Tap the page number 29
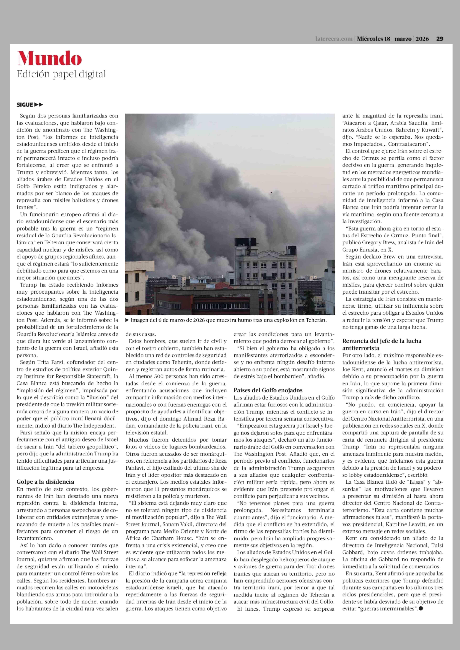click(x=440, y=39)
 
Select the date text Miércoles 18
click(x=373, y=39)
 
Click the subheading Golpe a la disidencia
click(x=45, y=482)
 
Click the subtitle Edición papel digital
click(x=61, y=74)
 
